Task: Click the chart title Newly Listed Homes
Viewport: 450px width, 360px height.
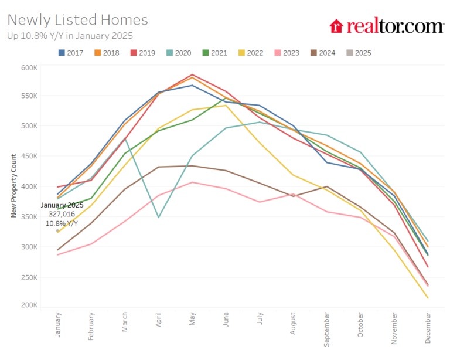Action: (x=77, y=20)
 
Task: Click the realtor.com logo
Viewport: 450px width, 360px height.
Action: (x=386, y=26)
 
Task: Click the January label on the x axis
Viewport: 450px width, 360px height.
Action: (x=58, y=324)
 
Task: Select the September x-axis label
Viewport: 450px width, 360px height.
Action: (x=326, y=328)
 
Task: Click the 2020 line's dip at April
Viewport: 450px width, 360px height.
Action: (x=159, y=217)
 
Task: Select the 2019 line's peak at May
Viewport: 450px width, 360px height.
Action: (x=192, y=74)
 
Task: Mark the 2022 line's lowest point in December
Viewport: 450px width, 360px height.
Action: (x=427, y=298)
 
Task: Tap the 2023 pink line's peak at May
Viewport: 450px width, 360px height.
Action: (x=192, y=182)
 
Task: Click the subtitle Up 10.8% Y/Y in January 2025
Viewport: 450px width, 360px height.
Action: (x=70, y=35)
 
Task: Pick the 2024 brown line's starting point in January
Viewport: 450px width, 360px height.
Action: (x=57, y=250)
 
